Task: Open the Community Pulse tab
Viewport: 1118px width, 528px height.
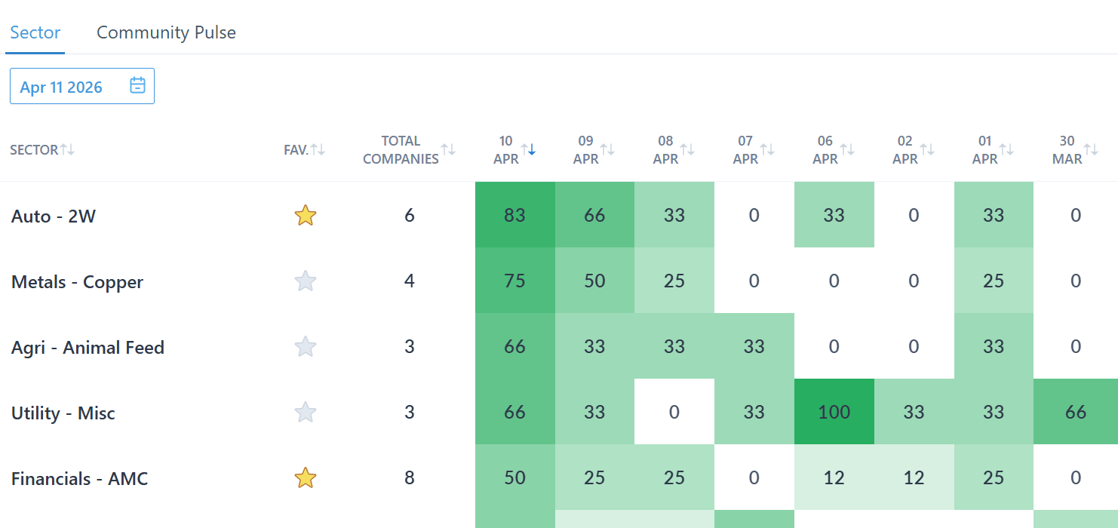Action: (x=166, y=32)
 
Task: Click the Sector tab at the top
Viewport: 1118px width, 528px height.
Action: (x=35, y=32)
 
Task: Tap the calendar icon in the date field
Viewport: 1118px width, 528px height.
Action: (x=137, y=85)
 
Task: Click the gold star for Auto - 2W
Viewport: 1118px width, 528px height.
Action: (x=305, y=216)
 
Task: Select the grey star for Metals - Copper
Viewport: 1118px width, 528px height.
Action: (x=305, y=281)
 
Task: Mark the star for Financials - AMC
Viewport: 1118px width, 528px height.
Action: (x=305, y=477)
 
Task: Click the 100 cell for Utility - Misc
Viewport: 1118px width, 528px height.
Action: (x=834, y=412)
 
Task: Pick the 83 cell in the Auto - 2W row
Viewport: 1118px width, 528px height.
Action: (x=514, y=215)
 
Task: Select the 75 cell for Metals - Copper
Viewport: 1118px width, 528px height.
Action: (x=514, y=281)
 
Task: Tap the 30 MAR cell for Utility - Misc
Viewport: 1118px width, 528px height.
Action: (x=1075, y=412)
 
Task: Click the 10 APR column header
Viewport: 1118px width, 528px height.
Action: (x=506, y=149)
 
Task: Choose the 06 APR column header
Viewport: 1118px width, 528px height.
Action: (x=825, y=149)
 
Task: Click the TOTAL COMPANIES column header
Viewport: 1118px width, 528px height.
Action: (x=401, y=149)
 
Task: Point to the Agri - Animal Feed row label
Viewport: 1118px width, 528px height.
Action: (x=88, y=348)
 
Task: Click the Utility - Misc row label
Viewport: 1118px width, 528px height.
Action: (x=63, y=413)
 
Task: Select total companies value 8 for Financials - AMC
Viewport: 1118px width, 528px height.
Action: (x=409, y=477)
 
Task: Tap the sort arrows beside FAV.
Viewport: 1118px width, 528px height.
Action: (x=318, y=149)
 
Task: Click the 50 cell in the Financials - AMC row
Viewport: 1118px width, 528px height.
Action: (x=514, y=477)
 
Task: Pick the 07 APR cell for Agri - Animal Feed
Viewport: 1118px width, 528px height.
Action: (x=754, y=346)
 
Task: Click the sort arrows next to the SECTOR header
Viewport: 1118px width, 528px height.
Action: (x=68, y=149)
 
